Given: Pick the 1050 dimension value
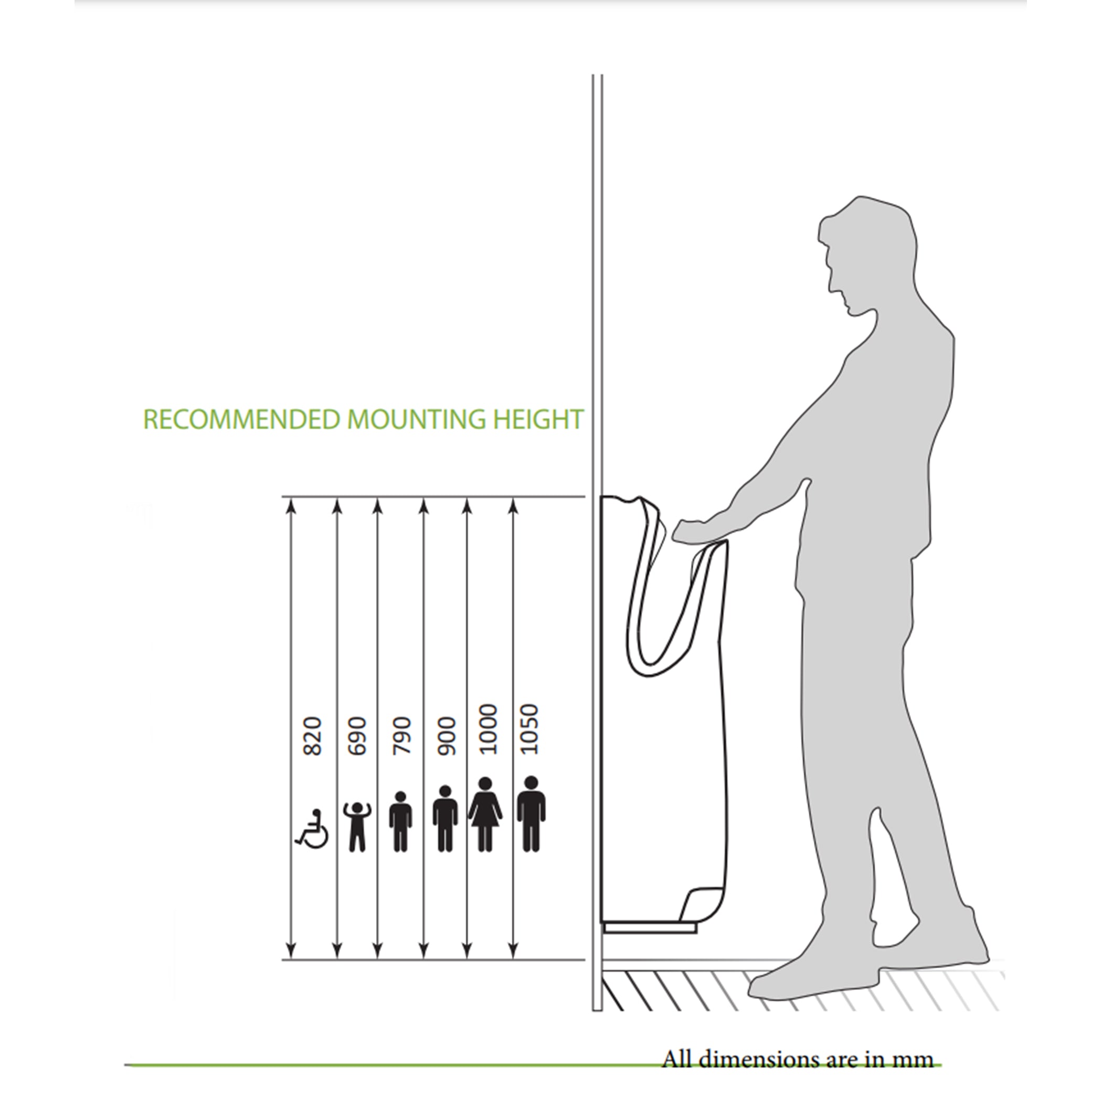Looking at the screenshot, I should [x=530, y=729].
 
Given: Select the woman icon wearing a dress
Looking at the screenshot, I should [x=485, y=814].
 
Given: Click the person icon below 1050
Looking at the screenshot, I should [x=531, y=814].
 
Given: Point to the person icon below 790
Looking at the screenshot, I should [x=401, y=822].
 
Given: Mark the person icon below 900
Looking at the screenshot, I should [x=445, y=819].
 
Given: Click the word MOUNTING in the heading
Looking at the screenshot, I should [x=416, y=420].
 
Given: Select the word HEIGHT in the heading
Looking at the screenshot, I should [x=538, y=420].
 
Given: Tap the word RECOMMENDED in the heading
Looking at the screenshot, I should [x=242, y=420].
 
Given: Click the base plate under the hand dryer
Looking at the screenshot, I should [x=650, y=928].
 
